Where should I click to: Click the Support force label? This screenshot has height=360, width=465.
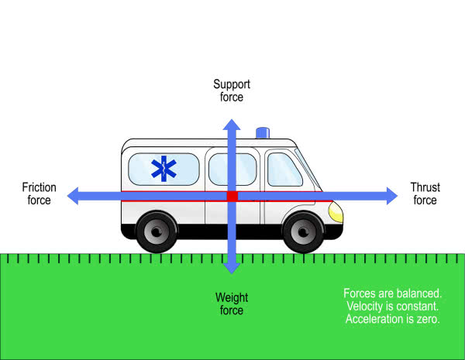tap(232, 91)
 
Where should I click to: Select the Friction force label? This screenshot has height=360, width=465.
tap(36, 194)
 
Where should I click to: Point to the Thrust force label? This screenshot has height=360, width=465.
tap(425, 194)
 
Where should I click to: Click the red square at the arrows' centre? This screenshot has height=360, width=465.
tap(232, 197)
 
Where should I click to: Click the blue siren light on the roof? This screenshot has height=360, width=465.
tap(263, 133)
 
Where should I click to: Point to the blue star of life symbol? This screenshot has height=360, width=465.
tap(163, 170)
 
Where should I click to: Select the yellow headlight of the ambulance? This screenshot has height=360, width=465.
tap(336, 210)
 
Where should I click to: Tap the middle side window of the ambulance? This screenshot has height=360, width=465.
tap(233, 169)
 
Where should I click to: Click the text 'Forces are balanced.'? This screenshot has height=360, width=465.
tap(392, 293)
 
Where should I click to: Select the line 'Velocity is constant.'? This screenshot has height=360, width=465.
tap(392, 306)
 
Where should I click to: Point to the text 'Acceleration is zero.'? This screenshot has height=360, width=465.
tap(392, 318)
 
